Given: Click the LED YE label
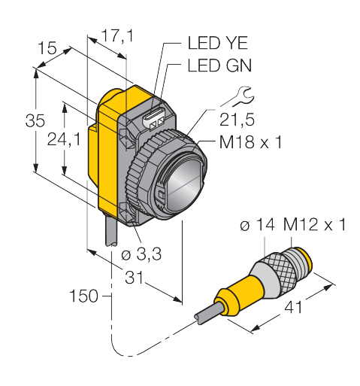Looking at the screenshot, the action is pos(217,43).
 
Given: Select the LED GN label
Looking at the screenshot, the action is pos(219,65).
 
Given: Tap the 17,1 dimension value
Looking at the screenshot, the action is pos(117,35).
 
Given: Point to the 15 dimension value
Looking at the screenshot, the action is pos(47,48).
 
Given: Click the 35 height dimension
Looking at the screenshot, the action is pos(35,120).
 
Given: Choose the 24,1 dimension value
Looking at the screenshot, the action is pos(65,139).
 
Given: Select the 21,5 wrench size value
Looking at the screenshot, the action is pos(237,120).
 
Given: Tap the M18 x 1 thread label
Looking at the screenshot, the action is pos(250,142).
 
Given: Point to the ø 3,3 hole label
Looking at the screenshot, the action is pos(141,254).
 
